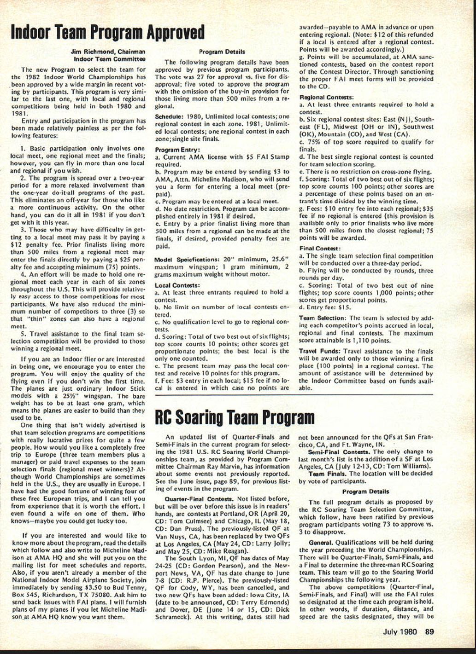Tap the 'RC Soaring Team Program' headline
[235, 417]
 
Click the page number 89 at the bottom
[429, 632]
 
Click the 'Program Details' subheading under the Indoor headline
[222, 52]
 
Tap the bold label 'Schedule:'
[168, 116]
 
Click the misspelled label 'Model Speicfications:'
[186, 259]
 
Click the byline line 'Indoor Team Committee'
[110, 58]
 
